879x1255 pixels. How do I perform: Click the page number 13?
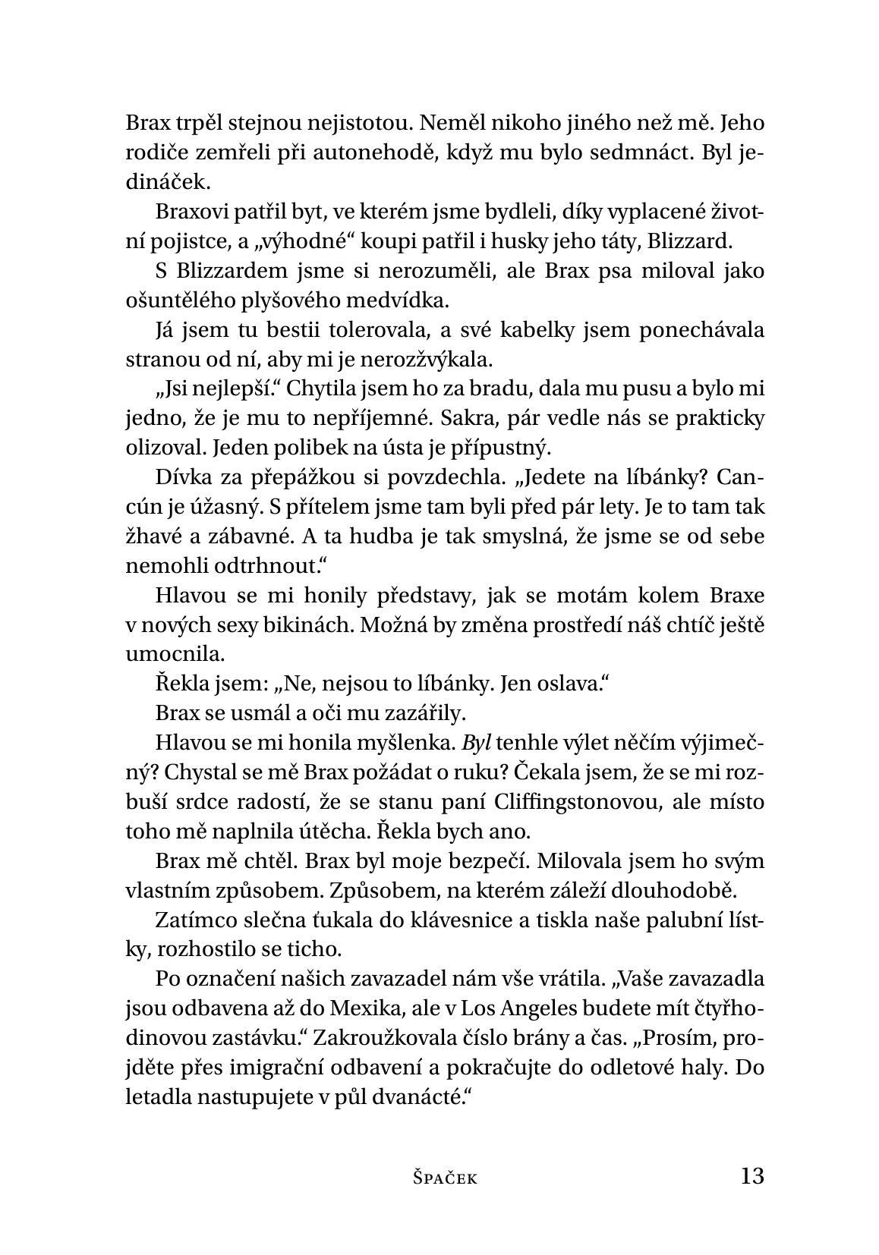click(751, 1176)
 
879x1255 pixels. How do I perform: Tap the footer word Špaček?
click(446, 1178)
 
